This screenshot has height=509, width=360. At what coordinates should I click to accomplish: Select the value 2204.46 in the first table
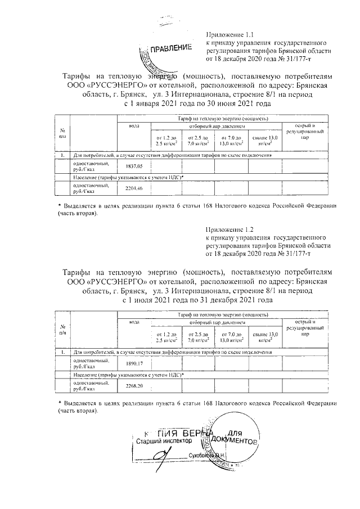tap(134, 188)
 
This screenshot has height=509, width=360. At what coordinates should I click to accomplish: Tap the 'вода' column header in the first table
tap(134, 126)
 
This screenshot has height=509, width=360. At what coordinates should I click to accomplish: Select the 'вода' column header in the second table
tap(134, 322)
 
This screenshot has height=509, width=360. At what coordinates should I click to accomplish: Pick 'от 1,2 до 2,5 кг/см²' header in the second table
tap(166, 337)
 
